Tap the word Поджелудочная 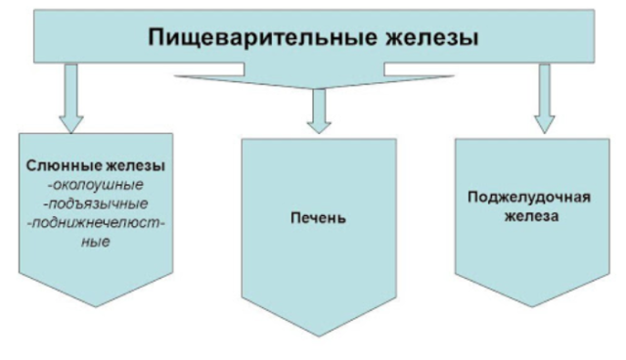click(527, 197)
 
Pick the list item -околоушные click(96, 184)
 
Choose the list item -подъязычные click(95, 203)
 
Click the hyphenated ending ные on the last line click(95, 241)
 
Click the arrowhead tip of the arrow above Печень click(315, 131)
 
